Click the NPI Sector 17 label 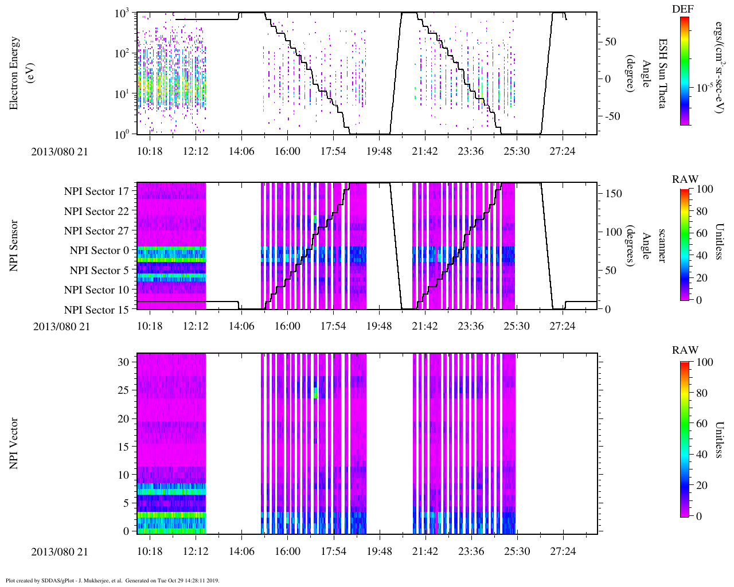[96, 191]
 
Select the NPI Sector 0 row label [99, 251]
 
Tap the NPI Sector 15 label [96, 310]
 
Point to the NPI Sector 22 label [96, 212]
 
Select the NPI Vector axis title [14, 444]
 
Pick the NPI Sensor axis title [14, 246]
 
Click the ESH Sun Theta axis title [663, 73]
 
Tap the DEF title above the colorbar [682, 9]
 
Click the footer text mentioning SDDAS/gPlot [112, 581]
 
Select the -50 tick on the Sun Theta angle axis [611, 116]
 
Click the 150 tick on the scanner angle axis [614, 194]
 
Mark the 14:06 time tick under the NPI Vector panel [241, 551]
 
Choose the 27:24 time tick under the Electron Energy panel [563, 151]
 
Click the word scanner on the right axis [662, 246]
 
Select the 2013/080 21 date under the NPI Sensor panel [61, 327]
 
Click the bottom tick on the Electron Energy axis [122, 135]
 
